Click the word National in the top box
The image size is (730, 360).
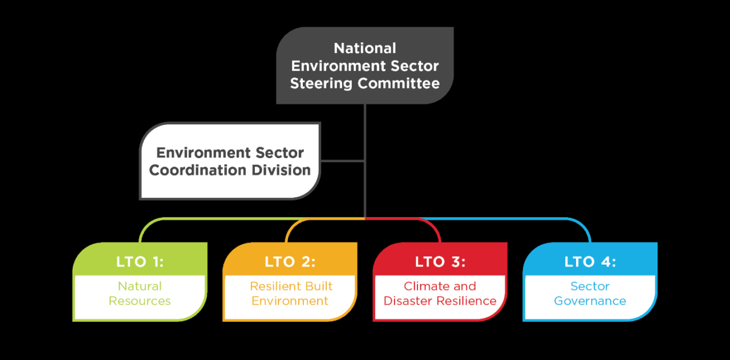365,48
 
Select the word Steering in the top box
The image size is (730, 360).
321,83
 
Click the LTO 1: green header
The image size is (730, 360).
140,262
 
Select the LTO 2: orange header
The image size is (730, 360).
290,262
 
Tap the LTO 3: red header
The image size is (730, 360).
440,262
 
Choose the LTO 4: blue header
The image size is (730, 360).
590,262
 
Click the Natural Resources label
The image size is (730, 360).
140,293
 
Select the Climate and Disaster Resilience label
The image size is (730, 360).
440,293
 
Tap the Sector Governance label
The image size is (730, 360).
590,293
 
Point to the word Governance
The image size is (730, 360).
590,301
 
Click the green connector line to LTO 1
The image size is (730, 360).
228,219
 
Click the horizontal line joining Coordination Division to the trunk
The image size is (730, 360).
342,161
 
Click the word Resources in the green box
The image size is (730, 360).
140,301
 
